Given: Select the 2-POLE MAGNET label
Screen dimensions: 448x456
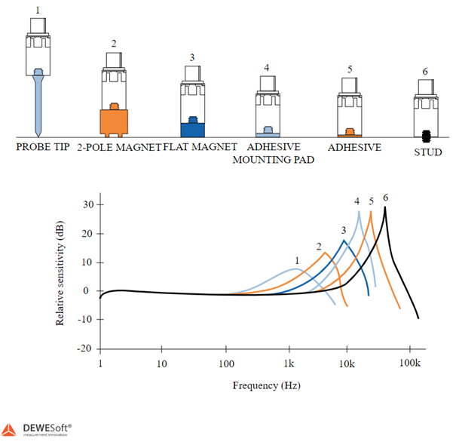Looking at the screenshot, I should tap(119, 147).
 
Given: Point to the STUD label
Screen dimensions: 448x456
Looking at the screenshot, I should tap(427, 152).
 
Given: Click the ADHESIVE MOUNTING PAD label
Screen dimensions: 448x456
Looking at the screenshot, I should tap(271, 153).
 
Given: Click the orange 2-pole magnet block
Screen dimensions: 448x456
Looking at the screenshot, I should tap(114, 122).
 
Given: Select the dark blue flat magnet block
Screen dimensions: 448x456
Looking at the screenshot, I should tap(192, 129).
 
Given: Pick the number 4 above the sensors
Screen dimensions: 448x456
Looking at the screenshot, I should tap(267, 68).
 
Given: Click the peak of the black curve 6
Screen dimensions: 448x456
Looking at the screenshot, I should tap(386, 207).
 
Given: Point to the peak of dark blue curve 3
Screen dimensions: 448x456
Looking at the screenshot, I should tap(344, 241).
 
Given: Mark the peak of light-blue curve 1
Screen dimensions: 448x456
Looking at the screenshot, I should tap(296, 269).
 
